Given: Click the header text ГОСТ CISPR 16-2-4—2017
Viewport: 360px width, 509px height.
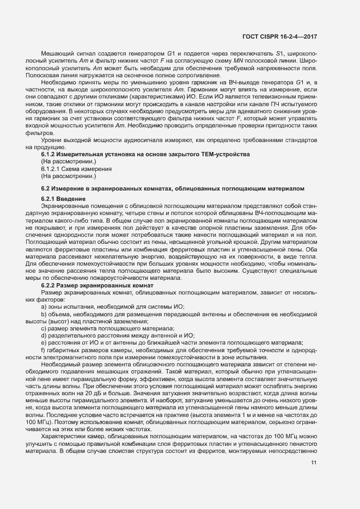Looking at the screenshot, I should click(x=280, y=36).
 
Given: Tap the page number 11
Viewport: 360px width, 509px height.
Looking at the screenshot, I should click(x=314, y=463).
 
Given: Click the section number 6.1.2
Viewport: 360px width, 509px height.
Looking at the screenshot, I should click(x=50, y=155).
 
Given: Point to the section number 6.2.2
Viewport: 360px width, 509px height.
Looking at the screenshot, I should click(x=50, y=285).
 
